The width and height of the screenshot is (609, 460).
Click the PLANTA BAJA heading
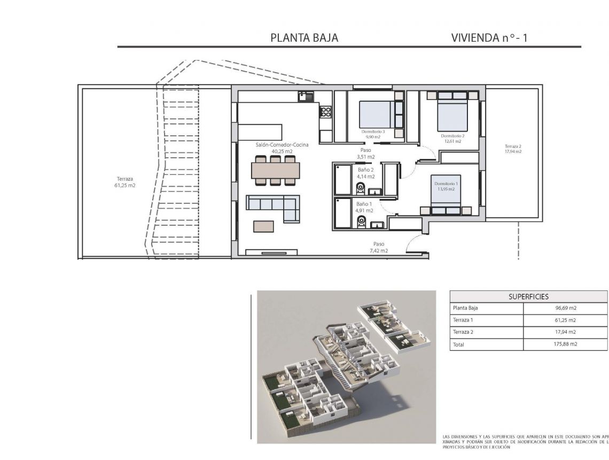pyautogui.click(x=304, y=38)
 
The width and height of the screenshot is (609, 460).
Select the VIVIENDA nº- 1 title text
pyautogui.click(x=489, y=38)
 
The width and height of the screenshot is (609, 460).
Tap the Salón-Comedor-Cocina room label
pyautogui.click(x=275, y=148)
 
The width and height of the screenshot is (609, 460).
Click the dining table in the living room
pyautogui.click(x=275, y=170)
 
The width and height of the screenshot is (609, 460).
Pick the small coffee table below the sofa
pyautogui.click(x=263, y=226)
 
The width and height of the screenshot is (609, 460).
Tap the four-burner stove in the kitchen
pyautogui.click(x=325, y=112)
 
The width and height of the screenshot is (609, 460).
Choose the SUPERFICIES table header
pyautogui.click(x=528, y=296)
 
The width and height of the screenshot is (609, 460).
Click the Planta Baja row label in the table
pyautogui.click(x=465, y=308)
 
